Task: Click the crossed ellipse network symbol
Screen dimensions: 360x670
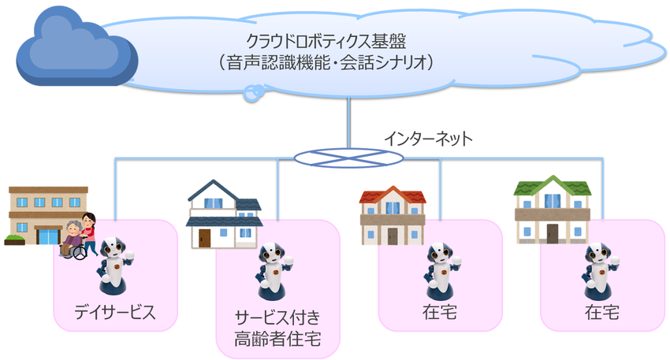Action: coord(347,158)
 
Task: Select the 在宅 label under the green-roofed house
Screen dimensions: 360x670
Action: coord(601,312)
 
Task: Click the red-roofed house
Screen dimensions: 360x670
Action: coord(392,216)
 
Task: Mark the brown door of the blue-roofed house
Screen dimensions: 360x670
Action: coord(205,237)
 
